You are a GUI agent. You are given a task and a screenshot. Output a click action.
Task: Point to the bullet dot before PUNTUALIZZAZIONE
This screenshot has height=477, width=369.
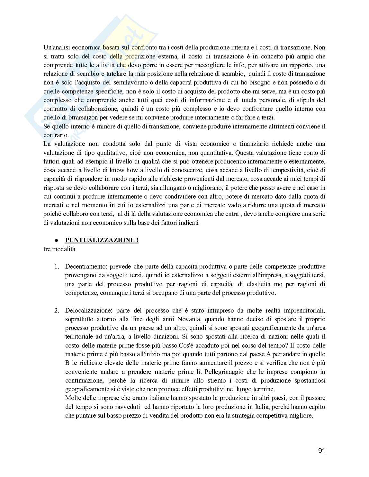point(56,240)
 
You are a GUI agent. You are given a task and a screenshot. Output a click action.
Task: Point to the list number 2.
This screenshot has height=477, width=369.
point(56,310)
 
